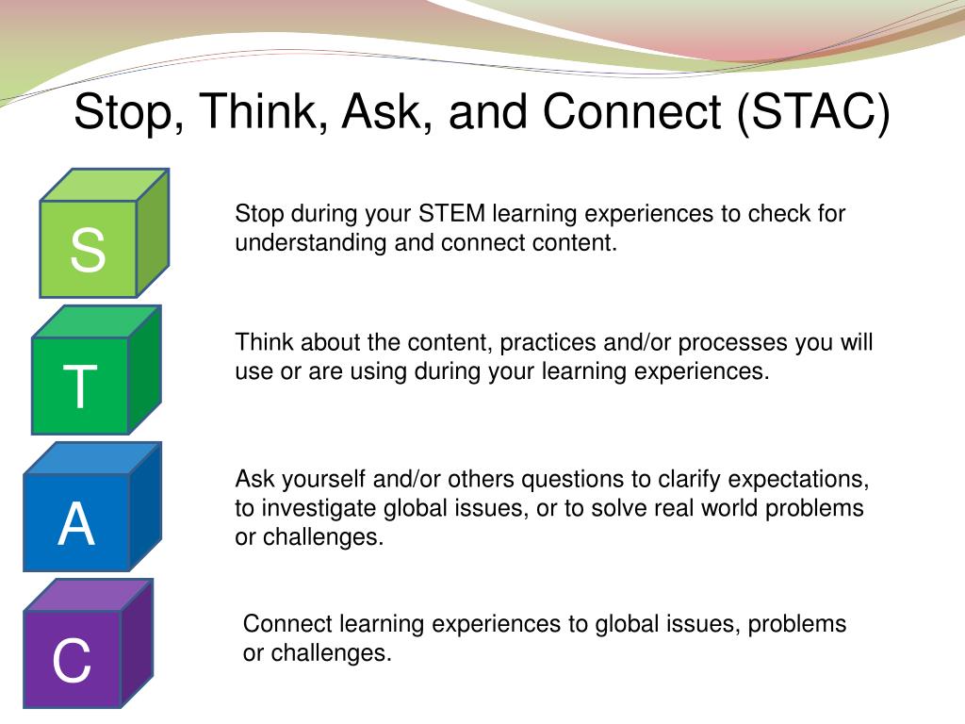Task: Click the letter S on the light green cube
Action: (x=88, y=249)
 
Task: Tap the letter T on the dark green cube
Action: (x=80, y=386)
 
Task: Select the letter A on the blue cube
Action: (x=76, y=523)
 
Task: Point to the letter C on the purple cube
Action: (x=72, y=660)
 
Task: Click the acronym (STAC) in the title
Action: (x=813, y=112)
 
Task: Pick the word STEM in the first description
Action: (x=451, y=214)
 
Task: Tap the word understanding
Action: (x=311, y=243)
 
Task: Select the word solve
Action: (x=618, y=508)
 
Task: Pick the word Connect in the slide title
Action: (x=632, y=112)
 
